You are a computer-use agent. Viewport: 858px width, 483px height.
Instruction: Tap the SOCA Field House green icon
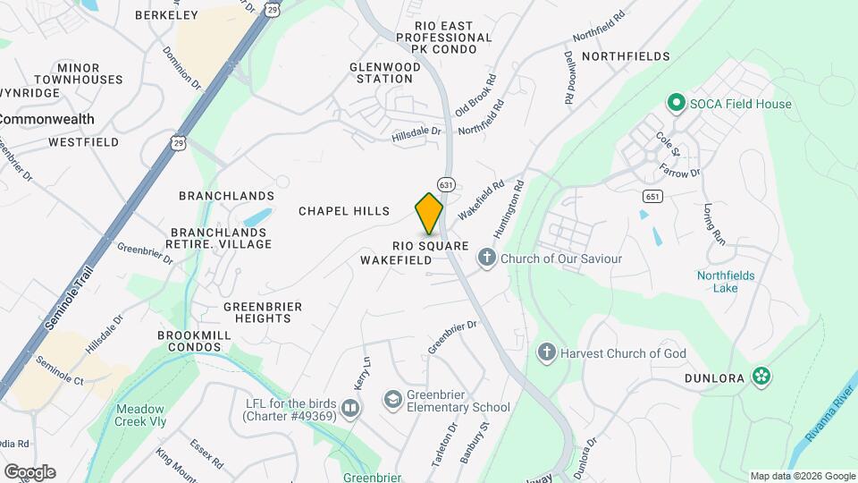point(677,104)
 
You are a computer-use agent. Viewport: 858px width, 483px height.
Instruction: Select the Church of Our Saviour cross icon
point(487,258)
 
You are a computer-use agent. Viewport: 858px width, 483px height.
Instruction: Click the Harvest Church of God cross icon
point(546,352)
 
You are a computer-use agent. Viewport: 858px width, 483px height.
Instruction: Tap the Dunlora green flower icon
point(761,376)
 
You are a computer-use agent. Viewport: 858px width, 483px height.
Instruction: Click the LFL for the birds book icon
point(349,408)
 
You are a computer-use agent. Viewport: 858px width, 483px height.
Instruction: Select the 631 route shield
point(447,183)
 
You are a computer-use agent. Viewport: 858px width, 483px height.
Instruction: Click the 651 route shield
point(652,196)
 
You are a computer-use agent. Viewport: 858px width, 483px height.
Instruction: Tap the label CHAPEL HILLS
point(344,211)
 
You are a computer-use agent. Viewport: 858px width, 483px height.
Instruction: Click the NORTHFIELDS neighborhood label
point(626,56)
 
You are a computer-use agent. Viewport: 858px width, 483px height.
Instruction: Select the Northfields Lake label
point(726,283)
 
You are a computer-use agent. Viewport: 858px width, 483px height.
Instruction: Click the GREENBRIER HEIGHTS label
point(263,313)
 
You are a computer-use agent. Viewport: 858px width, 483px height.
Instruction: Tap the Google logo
point(29,472)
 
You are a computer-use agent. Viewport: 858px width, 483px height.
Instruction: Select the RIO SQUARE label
point(431,245)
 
